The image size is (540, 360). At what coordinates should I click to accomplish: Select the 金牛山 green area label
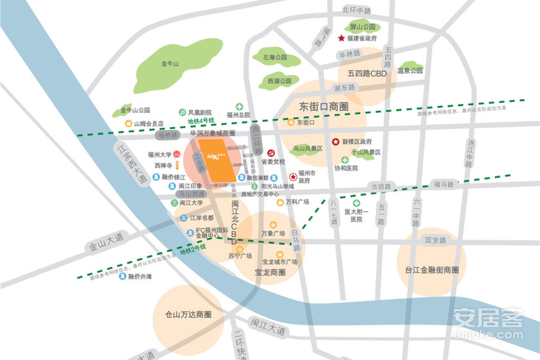(x=170, y=64)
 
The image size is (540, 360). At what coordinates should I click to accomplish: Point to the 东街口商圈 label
(x=324, y=106)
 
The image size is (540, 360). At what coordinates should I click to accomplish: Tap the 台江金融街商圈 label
(x=431, y=269)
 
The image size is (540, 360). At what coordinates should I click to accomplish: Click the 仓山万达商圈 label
(x=188, y=314)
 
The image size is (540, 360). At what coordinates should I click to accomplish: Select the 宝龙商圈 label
(x=270, y=273)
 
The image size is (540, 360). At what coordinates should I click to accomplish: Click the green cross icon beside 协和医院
(x=345, y=159)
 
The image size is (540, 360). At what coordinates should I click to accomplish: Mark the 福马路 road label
(x=443, y=184)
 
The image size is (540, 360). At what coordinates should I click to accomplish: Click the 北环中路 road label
(x=357, y=11)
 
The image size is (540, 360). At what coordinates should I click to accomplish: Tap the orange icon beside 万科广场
(x=280, y=203)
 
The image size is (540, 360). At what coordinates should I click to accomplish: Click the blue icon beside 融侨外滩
(x=122, y=277)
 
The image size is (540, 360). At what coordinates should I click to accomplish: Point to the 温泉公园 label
(x=410, y=71)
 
